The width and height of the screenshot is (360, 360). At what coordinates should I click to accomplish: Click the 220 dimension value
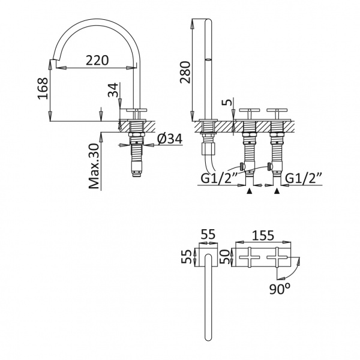click(97, 61)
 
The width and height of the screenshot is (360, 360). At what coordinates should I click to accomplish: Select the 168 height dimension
click(43, 88)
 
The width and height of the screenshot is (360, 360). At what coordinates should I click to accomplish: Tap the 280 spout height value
click(185, 73)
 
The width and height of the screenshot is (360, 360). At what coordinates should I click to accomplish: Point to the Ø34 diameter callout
click(170, 139)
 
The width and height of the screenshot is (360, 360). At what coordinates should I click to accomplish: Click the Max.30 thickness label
click(94, 166)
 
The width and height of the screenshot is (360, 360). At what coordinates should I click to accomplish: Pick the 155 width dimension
click(263, 235)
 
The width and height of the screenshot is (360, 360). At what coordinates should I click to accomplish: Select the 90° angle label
click(280, 289)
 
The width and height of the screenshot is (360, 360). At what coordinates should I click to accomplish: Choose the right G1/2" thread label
click(303, 178)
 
